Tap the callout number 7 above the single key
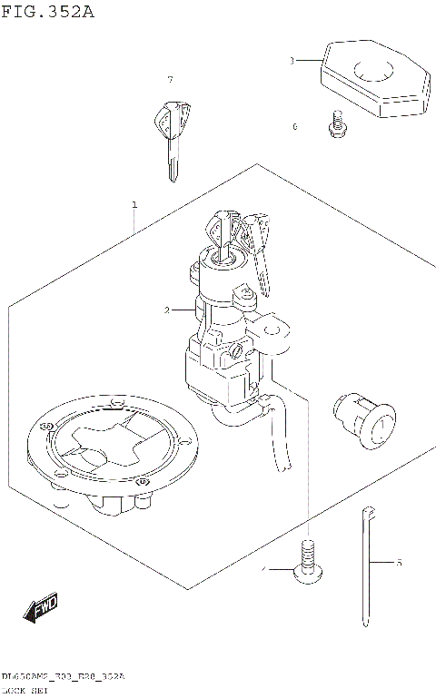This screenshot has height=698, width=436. [170, 81]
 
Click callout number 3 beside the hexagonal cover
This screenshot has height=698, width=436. [292, 61]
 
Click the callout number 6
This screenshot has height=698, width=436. [294, 127]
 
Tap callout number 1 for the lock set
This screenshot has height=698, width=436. [134, 205]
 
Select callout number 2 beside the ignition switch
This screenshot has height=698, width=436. [166, 310]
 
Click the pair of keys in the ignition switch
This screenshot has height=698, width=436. [241, 241]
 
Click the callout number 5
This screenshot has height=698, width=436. [399, 564]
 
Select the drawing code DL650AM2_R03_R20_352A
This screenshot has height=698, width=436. [63, 678]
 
